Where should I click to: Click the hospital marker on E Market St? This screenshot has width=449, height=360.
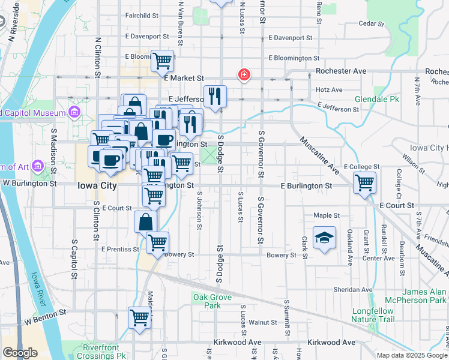pyautogui.click(x=244, y=75)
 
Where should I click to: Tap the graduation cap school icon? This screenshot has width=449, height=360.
pyautogui.click(x=324, y=238)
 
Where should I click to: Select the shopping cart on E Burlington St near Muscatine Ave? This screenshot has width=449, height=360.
pyautogui.click(x=364, y=182)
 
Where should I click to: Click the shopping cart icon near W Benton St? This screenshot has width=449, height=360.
pyautogui.click(x=139, y=317)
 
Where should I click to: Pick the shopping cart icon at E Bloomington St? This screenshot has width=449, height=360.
pyautogui.click(x=162, y=60)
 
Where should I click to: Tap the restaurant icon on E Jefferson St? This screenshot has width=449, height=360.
pyautogui.click(x=214, y=95)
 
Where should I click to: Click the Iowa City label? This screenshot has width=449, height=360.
pyautogui.click(x=97, y=185)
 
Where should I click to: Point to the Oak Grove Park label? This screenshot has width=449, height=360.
pyautogui.click(x=208, y=301)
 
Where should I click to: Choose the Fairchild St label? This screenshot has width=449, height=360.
pyautogui.click(x=142, y=15)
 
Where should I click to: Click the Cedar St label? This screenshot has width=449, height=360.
pyautogui.click(x=370, y=23)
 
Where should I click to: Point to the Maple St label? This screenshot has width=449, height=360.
pyautogui.click(x=327, y=215)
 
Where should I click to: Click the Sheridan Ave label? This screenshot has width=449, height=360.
pyautogui.click(x=354, y=289)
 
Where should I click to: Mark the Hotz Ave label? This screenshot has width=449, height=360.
pyautogui.click(x=329, y=90)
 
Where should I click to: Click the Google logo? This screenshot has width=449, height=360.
pyautogui.click(x=20, y=353)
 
